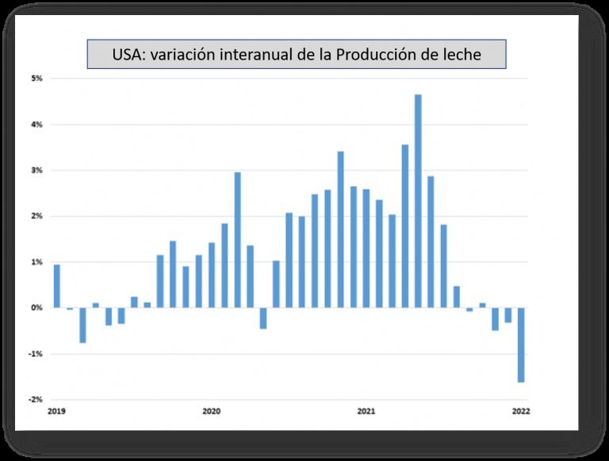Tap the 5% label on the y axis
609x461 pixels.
tap(36, 79)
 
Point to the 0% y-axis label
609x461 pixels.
tap(36, 308)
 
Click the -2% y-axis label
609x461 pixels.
tap(36, 400)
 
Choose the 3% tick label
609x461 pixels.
tap(36, 171)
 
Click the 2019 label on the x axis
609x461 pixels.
tap(56, 411)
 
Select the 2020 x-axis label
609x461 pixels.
tap(212, 411)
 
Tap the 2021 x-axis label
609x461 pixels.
tap(366, 411)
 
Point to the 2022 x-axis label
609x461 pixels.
tap(521, 411)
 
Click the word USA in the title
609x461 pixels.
tap(127, 56)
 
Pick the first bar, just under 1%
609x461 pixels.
tap(57, 286)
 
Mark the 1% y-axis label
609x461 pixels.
tap(36, 262)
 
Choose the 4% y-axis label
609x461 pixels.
tap(36, 125)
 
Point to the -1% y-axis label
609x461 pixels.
tap(36, 354)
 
